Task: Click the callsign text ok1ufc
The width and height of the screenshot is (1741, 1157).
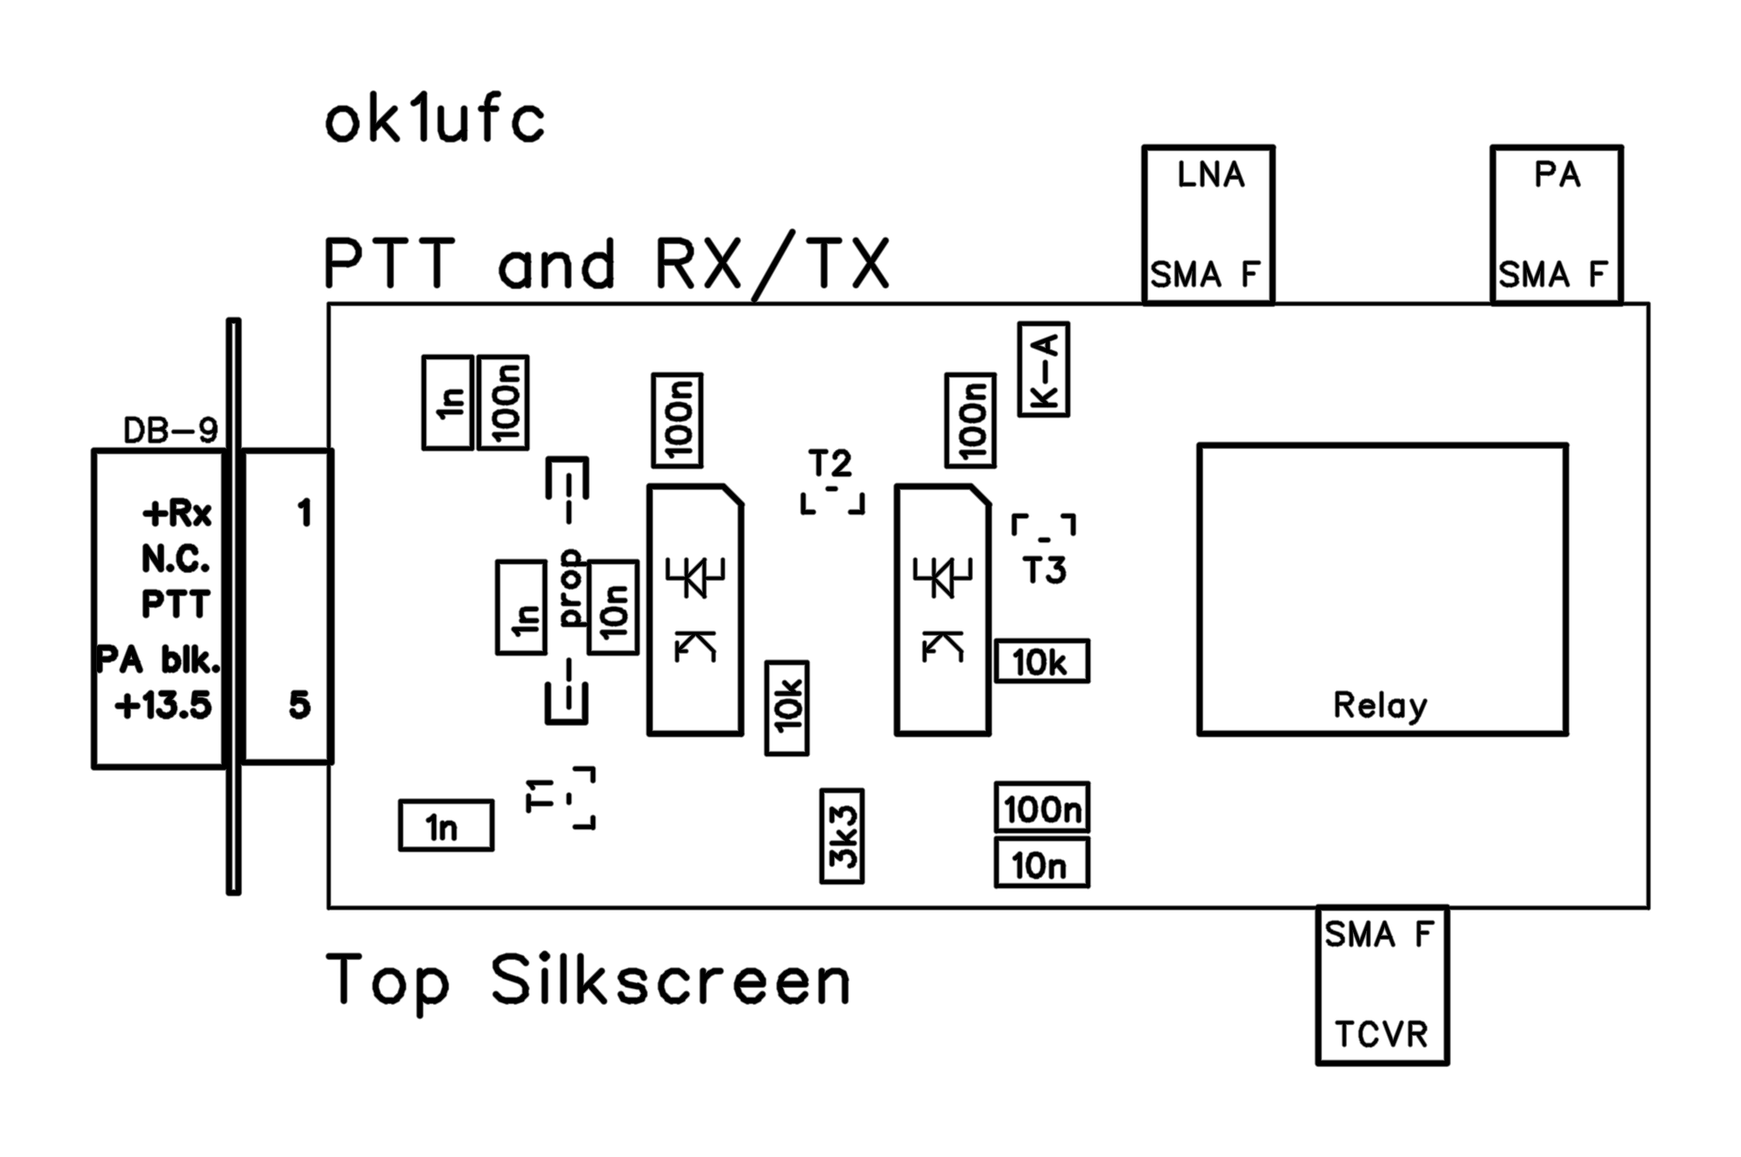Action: point(434,122)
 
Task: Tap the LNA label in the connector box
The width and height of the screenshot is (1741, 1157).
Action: point(1210,175)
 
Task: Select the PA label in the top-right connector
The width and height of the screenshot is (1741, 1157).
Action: point(1557,175)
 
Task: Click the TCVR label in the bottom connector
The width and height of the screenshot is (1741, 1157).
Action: point(1381,1034)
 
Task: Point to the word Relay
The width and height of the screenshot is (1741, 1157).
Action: point(1379,706)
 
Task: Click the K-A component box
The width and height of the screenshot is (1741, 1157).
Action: point(1044,370)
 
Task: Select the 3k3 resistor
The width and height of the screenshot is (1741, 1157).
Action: point(843,836)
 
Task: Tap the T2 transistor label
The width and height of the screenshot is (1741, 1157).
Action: point(830,464)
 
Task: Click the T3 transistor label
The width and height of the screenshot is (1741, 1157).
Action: point(1044,571)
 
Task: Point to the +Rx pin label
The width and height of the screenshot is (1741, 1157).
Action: point(177,513)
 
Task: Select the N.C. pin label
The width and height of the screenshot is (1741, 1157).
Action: point(175,559)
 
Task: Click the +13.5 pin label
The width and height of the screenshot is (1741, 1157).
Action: point(163,706)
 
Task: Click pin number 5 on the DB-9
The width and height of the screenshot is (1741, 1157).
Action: point(300,706)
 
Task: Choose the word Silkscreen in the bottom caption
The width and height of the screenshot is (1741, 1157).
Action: point(670,981)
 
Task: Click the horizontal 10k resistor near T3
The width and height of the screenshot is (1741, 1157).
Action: point(1042,662)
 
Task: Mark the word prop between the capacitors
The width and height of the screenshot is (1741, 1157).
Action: point(573,587)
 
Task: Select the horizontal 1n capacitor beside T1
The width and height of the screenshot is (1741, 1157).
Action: point(446,826)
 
